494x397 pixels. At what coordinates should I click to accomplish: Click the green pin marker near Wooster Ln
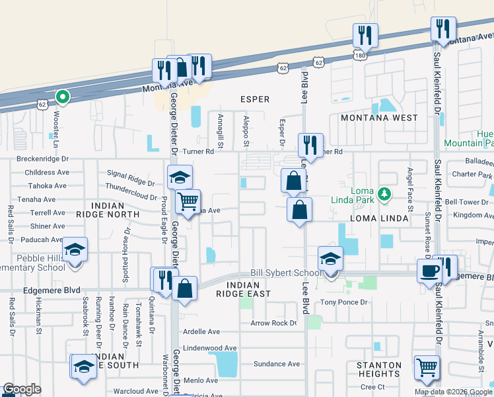tap(63, 97)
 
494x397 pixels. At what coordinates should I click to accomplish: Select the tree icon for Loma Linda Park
tap(382, 195)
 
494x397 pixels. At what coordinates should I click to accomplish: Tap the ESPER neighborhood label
tap(255, 99)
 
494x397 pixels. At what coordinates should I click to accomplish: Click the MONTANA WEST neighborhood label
tap(378, 118)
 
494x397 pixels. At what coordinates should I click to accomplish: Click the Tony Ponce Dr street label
tap(338, 302)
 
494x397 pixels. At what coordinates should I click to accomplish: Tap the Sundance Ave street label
tap(277, 364)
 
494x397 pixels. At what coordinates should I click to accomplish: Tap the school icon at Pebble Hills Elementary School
tap(76, 250)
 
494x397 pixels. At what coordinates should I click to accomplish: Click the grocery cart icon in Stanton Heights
tap(427, 367)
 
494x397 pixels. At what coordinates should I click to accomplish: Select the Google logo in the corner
tap(22, 389)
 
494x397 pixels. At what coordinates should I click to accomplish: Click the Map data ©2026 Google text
tap(453, 392)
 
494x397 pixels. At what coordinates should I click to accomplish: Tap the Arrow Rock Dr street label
tap(273, 324)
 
